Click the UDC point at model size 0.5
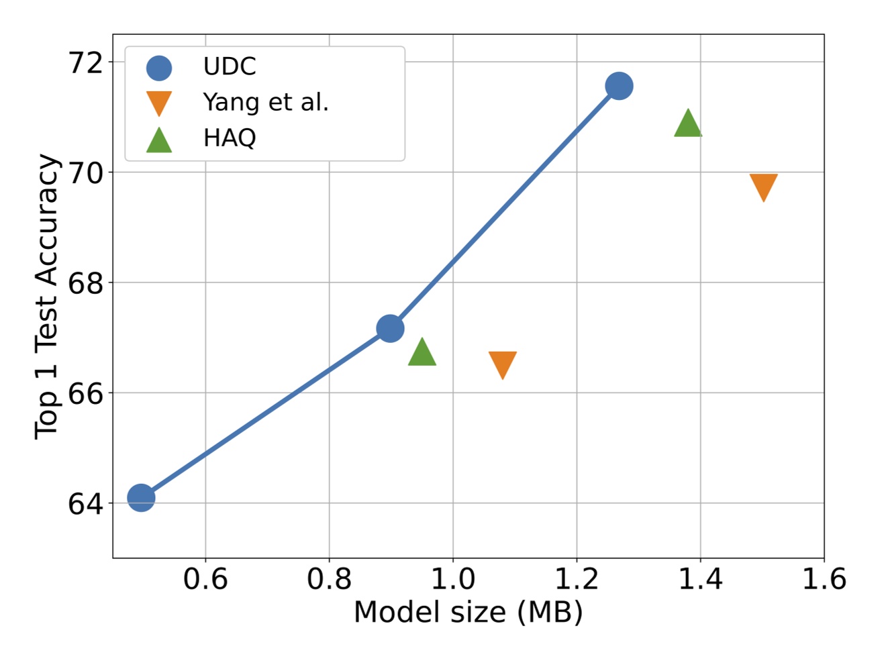[141, 497]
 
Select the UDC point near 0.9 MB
[390, 328]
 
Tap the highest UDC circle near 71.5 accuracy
[619, 86]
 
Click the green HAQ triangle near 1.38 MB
[688, 124]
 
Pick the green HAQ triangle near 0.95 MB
[422, 353]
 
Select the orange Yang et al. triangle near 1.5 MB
[763, 187]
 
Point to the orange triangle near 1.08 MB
[503, 364]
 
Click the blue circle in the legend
[159, 67]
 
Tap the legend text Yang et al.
[266, 102]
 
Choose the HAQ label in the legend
[230, 138]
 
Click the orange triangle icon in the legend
[159, 103]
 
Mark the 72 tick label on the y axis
[86, 62]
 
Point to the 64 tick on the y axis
[86, 503]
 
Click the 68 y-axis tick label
[86, 283]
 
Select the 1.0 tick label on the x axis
[453, 578]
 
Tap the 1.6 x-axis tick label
[824, 578]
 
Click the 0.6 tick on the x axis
[205, 578]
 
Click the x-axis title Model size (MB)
[468, 612]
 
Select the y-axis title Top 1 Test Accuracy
[47, 296]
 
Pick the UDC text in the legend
[230, 66]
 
